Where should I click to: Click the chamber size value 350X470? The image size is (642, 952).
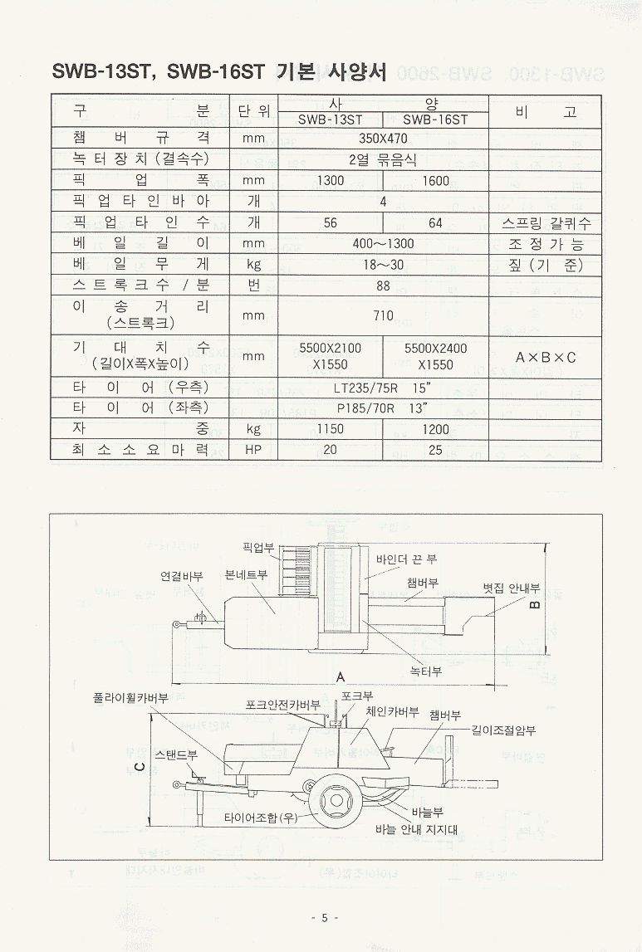pyautogui.click(x=383, y=139)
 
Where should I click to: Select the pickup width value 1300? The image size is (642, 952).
pyautogui.click(x=331, y=180)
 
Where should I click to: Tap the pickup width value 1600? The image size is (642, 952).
pyautogui.click(x=435, y=180)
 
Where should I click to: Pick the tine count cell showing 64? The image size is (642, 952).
pyautogui.click(x=435, y=222)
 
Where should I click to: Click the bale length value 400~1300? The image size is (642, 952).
pyautogui.click(x=383, y=244)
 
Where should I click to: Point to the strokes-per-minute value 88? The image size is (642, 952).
pyautogui.click(x=383, y=286)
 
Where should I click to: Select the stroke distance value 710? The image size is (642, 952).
pyautogui.click(x=383, y=315)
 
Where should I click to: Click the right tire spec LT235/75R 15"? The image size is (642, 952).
pyautogui.click(x=383, y=388)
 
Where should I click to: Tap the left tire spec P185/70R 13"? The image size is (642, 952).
pyautogui.click(x=383, y=408)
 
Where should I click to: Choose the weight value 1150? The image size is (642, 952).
pyautogui.click(x=331, y=429)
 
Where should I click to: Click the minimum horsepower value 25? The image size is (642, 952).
pyautogui.click(x=435, y=450)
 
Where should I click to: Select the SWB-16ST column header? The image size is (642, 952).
pyautogui.click(x=435, y=120)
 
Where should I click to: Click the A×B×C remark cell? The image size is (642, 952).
pyautogui.click(x=546, y=356)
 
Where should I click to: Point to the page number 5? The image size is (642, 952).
pyautogui.click(x=325, y=917)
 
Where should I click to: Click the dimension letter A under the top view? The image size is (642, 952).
pyautogui.click(x=341, y=677)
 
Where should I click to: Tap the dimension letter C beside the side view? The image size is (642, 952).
pyautogui.click(x=140, y=766)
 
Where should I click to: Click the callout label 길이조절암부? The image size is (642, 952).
pyautogui.click(x=503, y=730)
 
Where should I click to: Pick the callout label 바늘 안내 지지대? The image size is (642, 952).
pyautogui.click(x=416, y=829)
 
